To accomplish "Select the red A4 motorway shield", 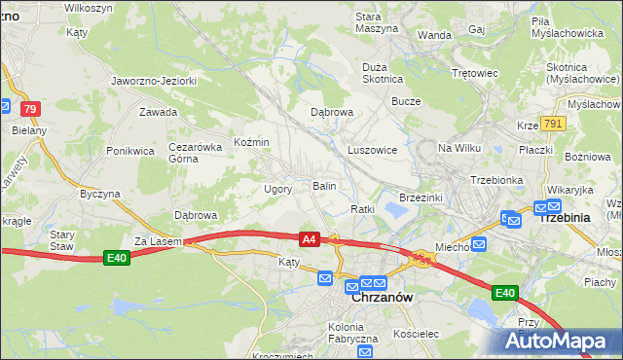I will point(310,238).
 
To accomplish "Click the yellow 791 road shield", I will point(554,124).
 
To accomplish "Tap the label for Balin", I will point(324,185).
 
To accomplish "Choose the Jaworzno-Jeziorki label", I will point(154,81).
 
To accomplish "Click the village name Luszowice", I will point(372,150).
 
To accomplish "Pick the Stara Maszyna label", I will point(376,22).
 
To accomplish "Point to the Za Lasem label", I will point(153,239).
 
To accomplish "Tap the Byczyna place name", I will point(99,194).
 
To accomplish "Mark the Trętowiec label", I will point(475,73).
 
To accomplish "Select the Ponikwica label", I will point(131,151).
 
